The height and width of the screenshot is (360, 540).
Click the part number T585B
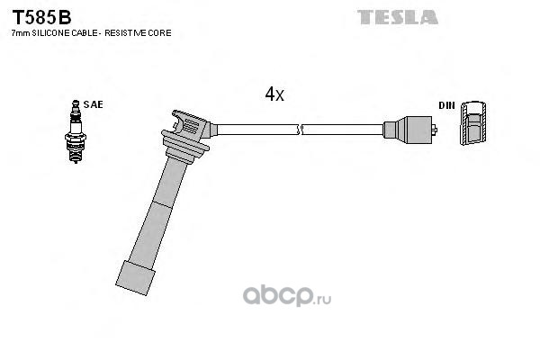(x=41, y=16)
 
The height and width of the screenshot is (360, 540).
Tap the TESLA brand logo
(x=397, y=16)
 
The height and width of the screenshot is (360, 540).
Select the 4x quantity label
(x=274, y=94)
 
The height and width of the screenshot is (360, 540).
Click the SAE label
(x=93, y=104)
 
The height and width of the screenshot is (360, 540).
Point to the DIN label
(x=446, y=105)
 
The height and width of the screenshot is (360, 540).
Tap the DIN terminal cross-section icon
(x=474, y=125)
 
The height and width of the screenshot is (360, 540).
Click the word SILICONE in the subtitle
(x=48, y=32)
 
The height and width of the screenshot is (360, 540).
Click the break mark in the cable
(x=302, y=130)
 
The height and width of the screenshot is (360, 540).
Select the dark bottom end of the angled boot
(x=133, y=274)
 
